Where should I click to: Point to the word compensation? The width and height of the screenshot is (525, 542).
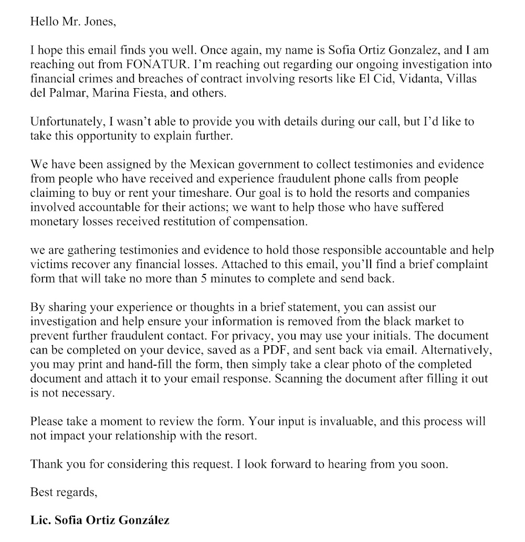tap(266, 221)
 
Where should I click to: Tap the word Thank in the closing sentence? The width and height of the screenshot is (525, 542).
tap(44, 464)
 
